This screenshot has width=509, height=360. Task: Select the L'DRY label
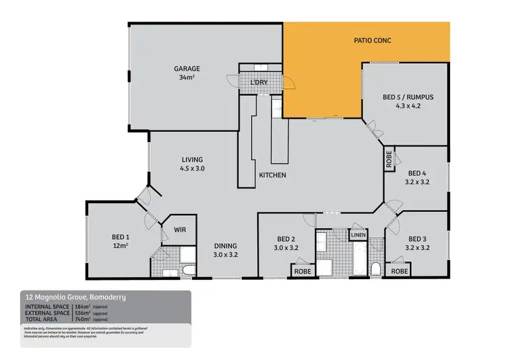click(x=259, y=82)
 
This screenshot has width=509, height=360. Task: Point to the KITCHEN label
click(x=272, y=175)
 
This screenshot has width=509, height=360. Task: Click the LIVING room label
click(x=192, y=159)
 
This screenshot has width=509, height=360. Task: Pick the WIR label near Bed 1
click(x=180, y=230)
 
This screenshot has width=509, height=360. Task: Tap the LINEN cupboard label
click(x=358, y=235)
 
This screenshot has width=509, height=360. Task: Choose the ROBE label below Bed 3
click(x=399, y=270)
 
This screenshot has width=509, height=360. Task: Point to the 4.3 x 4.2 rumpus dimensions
click(x=408, y=106)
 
